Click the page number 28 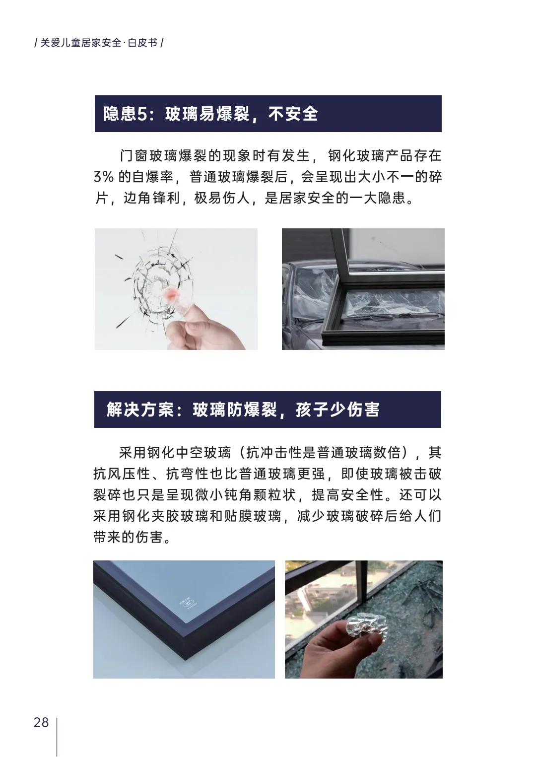click(x=41, y=722)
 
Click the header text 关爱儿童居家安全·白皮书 click(x=99, y=43)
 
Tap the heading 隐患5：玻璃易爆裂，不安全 click(x=210, y=114)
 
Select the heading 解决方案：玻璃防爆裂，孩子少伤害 click(x=243, y=410)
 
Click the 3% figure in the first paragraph click(x=104, y=177)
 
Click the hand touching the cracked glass click(x=208, y=328)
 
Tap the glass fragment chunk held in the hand click(x=365, y=629)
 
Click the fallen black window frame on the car click(x=377, y=318)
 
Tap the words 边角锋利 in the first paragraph click(x=151, y=199)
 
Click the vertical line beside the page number click(x=57, y=737)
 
